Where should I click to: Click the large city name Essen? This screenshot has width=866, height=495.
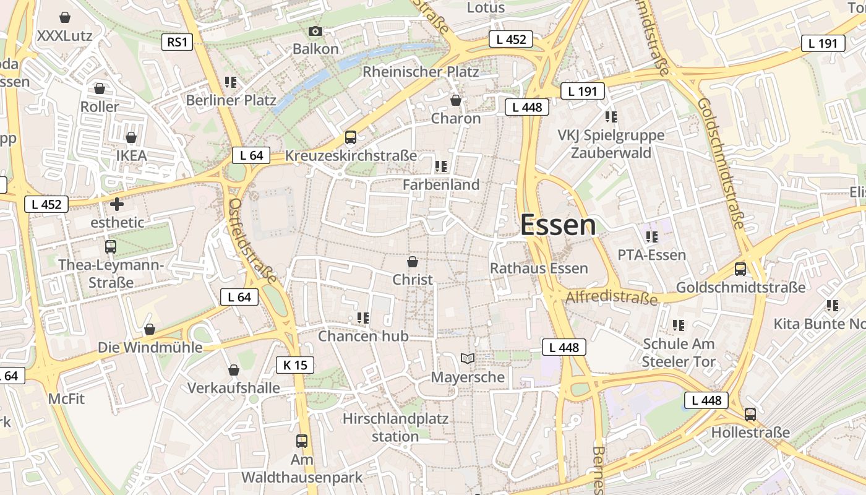(558, 225)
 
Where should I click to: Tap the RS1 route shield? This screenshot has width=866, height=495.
(177, 42)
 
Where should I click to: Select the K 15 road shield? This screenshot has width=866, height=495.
(295, 365)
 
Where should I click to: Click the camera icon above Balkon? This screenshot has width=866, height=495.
(315, 31)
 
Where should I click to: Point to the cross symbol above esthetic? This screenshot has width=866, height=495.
(117, 204)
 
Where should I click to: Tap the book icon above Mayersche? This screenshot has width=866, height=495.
(468, 358)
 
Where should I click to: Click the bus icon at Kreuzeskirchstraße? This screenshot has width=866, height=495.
(351, 137)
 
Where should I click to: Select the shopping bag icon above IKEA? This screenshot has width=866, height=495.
(131, 137)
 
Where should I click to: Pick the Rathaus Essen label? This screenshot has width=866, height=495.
(539, 268)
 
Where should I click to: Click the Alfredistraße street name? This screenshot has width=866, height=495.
(611, 298)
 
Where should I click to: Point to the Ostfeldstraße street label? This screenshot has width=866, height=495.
(252, 240)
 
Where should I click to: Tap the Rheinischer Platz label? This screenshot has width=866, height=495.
(421, 72)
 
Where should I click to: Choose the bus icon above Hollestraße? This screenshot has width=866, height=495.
(750, 414)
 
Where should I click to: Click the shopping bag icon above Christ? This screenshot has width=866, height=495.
(413, 262)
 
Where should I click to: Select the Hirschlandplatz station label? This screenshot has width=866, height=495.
(396, 427)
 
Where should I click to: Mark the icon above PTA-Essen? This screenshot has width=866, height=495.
(651, 236)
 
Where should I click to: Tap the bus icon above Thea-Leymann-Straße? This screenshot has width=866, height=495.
(111, 246)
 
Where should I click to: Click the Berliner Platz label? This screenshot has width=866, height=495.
(231, 100)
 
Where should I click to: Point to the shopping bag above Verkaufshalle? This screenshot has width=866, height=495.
(234, 370)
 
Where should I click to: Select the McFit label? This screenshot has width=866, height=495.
(67, 399)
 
